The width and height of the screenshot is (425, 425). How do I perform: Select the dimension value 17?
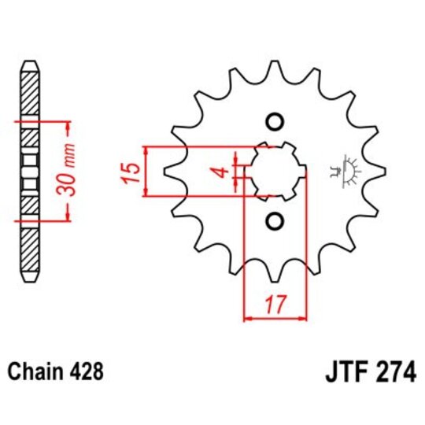click(x=274, y=303)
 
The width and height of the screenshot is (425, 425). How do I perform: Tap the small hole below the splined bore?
click(x=274, y=221)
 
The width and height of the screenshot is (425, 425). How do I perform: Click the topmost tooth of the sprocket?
click(x=274, y=65)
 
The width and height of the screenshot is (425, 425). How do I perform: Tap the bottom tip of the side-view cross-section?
click(x=29, y=282)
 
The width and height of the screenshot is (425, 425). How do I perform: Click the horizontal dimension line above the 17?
click(x=274, y=318)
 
